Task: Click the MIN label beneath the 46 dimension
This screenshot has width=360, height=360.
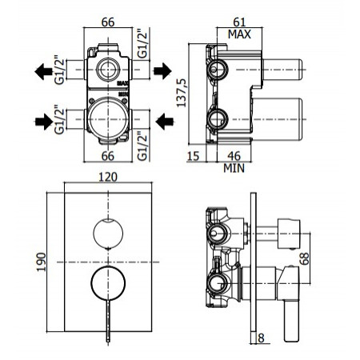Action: coord(234,168)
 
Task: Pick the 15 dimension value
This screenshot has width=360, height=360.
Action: coord(194,156)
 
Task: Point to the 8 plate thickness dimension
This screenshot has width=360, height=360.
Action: coord(261,338)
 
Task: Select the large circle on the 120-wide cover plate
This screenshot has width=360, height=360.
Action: coord(106,285)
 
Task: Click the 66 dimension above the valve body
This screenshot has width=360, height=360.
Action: coord(110,22)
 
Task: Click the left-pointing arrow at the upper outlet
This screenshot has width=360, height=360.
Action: coord(43,71)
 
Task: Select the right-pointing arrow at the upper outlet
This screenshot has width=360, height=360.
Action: coord(162,71)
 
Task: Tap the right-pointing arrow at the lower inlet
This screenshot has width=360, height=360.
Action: coord(43,122)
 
